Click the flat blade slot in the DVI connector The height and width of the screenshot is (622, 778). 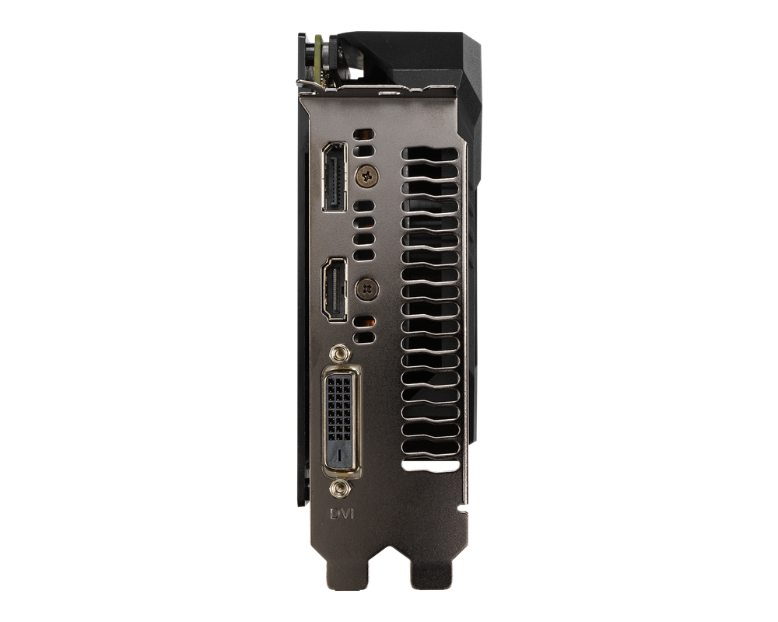click(x=339, y=454)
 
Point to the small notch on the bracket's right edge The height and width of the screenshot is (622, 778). click(x=464, y=510)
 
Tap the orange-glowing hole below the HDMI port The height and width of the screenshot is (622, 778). click(x=363, y=320)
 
